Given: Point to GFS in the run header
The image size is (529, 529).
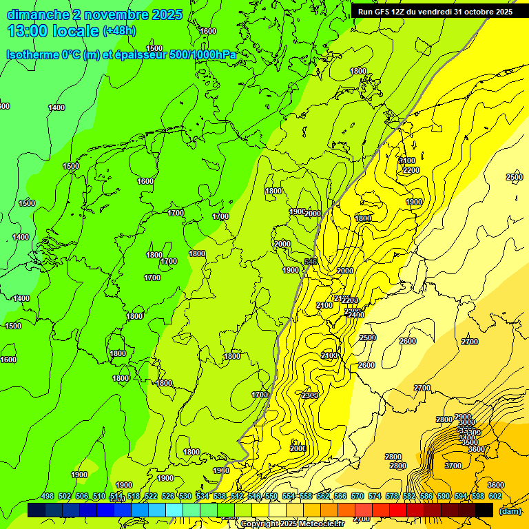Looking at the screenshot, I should click(386, 12).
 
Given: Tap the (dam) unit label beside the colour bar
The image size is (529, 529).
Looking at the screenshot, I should click(509, 511).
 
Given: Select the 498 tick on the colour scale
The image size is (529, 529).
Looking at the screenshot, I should click(48, 497).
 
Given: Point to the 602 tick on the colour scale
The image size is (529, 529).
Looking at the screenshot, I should click(495, 497).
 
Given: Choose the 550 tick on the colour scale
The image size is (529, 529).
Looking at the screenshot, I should click(271, 497).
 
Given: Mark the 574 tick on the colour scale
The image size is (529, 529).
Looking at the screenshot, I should click(375, 497).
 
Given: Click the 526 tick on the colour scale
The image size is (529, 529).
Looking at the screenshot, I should click(168, 497).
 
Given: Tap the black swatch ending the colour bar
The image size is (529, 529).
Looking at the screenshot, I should click(484, 510).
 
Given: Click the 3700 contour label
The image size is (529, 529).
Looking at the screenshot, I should click(453, 466).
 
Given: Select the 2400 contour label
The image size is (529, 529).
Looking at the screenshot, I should click(355, 315).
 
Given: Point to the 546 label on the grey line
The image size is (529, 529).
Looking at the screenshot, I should click(311, 262).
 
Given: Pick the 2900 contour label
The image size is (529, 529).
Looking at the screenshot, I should click(463, 417).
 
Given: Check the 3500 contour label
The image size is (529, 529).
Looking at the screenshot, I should click(469, 442).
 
